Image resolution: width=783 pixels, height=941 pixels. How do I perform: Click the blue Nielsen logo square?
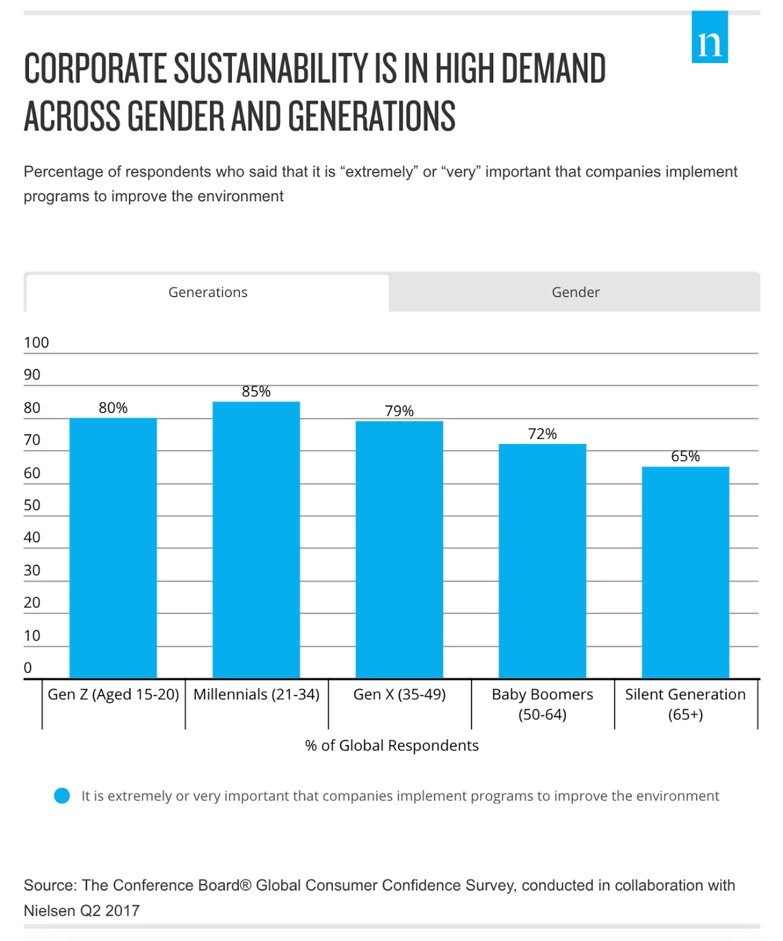pyautogui.click(x=710, y=37)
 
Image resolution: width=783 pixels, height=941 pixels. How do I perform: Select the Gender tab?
pyautogui.click(x=575, y=292)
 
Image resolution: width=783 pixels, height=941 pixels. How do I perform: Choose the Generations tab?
pyautogui.click(x=208, y=292)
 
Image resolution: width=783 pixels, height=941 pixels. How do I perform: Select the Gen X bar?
pyautogui.click(x=399, y=549)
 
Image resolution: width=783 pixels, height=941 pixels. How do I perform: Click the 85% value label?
pyautogui.click(x=256, y=392)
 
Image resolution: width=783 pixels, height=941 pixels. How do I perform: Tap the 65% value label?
pyautogui.click(x=685, y=456)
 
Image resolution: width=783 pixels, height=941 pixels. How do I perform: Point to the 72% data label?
pyautogui.click(x=542, y=434)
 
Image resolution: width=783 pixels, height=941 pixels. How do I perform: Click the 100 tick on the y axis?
pyautogui.click(x=36, y=343)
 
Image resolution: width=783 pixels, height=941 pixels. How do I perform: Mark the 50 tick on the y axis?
pyautogui.click(x=32, y=505)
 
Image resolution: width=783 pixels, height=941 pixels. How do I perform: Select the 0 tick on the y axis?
pyautogui.click(x=28, y=668)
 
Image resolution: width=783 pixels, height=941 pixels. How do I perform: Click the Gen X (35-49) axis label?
pyautogui.click(x=399, y=695)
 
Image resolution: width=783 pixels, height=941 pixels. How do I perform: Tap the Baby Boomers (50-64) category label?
pyautogui.click(x=542, y=704)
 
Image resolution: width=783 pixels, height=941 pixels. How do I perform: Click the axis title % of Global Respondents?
pyautogui.click(x=391, y=746)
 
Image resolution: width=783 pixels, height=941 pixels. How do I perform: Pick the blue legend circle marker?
pyautogui.click(x=62, y=796)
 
